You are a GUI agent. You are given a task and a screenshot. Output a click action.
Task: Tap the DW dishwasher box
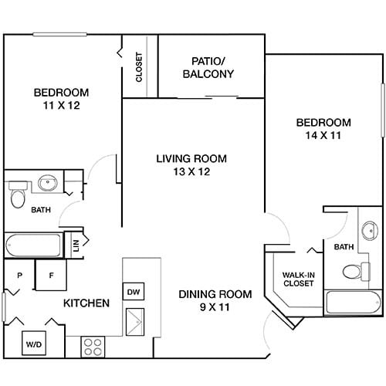134,292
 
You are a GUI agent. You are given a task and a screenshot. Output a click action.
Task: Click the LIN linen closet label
76,245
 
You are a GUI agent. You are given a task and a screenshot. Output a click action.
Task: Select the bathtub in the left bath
34,245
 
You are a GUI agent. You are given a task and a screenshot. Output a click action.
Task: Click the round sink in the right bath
371,229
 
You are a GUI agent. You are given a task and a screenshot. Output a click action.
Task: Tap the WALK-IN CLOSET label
297,279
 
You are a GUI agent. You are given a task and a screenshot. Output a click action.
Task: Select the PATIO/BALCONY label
208,68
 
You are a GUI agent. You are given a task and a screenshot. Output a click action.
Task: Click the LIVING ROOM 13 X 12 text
192,165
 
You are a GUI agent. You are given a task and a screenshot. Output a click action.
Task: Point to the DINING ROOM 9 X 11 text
215,300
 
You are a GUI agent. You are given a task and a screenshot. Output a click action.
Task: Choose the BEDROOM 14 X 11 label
323,128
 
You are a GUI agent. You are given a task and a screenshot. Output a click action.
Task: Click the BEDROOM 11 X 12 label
60,99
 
